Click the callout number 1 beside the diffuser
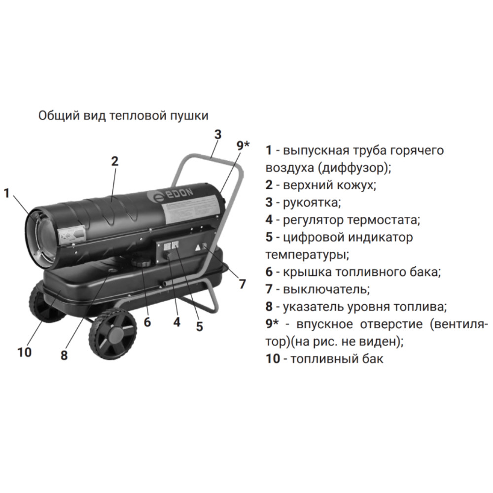[7, 193]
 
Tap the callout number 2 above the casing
[114, 161]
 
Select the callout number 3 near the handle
[218, 134]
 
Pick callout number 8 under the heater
[64, 355]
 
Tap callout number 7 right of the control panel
[242, 284]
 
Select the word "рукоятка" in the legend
[312, 203]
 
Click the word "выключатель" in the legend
[326, 289]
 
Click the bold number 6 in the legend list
[269, 272]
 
